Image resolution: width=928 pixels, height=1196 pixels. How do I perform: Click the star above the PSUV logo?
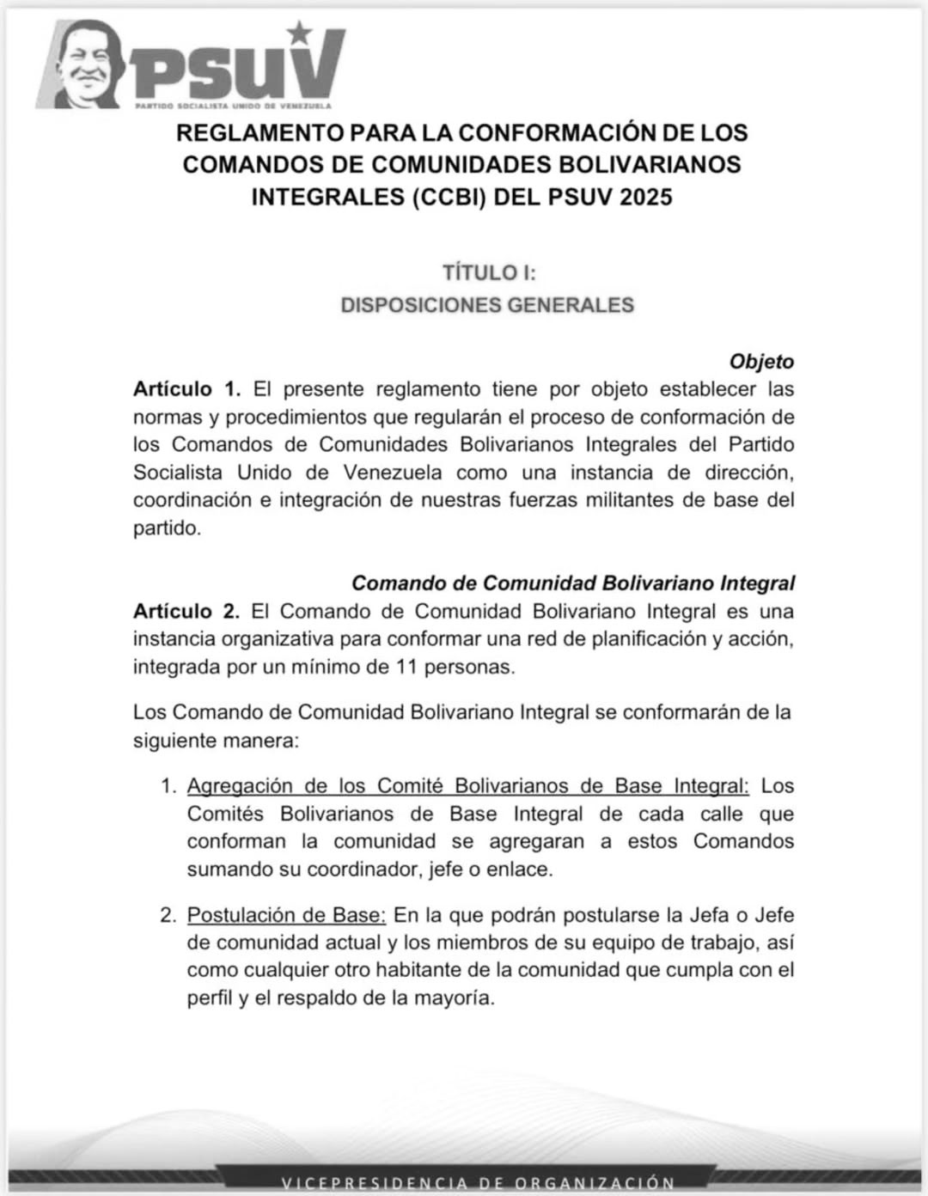tap(300, 34)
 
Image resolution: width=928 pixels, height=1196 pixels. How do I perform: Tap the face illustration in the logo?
tap(87, 67)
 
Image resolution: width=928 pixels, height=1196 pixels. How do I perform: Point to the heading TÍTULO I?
tap(489, 272)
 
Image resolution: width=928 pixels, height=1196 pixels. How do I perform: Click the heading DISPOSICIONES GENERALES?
tap(487, 305)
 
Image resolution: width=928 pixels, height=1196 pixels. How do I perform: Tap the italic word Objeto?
tap(761, 362)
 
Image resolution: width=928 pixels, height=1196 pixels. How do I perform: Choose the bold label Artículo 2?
tap(186, 612)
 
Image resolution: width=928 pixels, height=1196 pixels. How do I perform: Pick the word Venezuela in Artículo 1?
tap(393, 473)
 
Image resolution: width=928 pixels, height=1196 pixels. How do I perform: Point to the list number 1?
tap(168, 786)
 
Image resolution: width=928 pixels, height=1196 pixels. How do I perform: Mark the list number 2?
tap(168, 915)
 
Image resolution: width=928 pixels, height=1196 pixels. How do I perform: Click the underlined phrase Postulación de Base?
tap(286, 915)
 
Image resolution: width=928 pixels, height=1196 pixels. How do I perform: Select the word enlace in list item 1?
tap(521, 869)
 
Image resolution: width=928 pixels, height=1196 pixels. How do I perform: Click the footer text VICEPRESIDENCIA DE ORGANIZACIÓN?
tap(478, 1183)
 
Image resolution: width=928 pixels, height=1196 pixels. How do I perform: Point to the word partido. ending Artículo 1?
tap(167, 528)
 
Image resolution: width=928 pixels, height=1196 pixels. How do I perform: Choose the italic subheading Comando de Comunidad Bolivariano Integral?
tap(573, 583)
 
